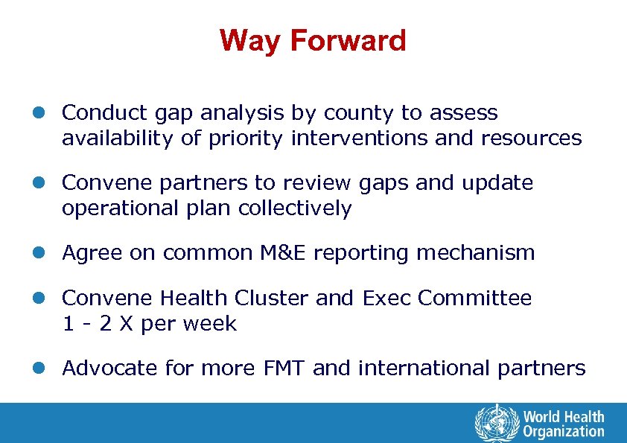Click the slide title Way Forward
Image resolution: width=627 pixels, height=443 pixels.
click(313, 40)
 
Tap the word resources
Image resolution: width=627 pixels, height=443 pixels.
click(532, 138)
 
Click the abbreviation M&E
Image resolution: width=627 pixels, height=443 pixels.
click(282, 253)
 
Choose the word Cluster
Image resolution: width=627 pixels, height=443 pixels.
click(271, 298)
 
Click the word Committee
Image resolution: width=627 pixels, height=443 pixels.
click(475, 298)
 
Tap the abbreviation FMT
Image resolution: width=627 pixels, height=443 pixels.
click(280, 368)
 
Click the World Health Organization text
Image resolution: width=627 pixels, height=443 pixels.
click(563, 424)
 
